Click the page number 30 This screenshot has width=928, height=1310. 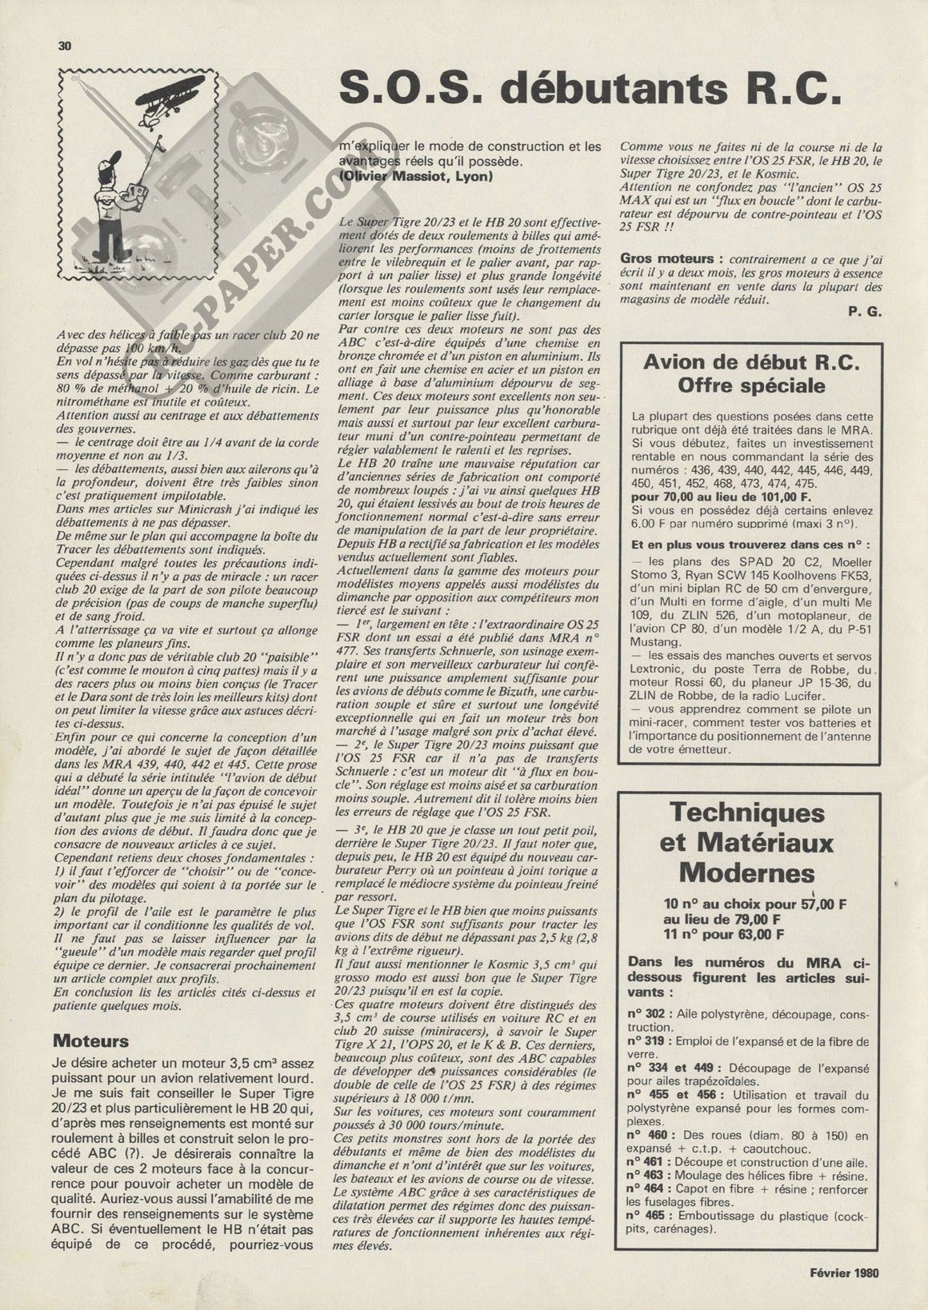pyautogui.click(x=65, y=46)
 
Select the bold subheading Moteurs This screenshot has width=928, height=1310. pyautogui.click(x=90, y=1041)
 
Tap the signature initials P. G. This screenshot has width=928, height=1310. pyautogui.click(x=865, y=313)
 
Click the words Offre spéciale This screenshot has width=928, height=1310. pyautogui.click(x=751, y=386)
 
